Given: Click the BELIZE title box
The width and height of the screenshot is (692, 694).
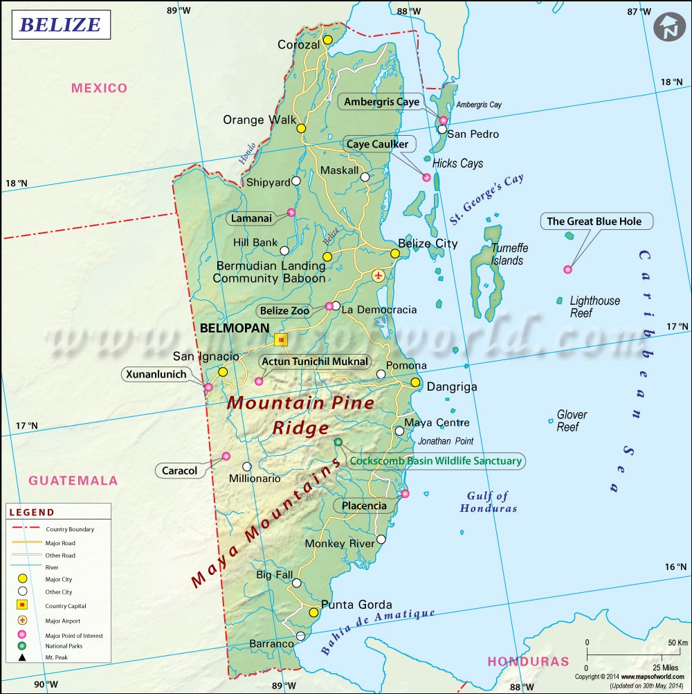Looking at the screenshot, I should (60, 25).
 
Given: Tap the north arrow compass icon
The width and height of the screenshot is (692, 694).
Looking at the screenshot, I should (669, 27).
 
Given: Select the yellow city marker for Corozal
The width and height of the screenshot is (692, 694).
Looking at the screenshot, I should (327, 39).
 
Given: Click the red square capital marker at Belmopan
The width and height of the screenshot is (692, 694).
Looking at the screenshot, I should (280, 339).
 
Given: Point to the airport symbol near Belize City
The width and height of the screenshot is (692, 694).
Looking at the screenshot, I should (378, 276).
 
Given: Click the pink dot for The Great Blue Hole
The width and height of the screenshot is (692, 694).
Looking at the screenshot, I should (567, 269).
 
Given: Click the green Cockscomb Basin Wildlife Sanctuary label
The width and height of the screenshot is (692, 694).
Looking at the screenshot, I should (436, 461).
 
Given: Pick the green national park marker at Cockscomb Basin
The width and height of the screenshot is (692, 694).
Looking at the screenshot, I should (338, 442).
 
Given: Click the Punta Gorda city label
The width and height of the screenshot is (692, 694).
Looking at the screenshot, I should (356, 604).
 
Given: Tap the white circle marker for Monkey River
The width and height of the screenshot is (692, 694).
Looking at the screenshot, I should (381, 539).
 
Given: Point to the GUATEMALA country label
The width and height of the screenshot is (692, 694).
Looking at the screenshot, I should (73, 481).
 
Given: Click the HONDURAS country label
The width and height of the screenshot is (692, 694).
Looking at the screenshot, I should (528, 661).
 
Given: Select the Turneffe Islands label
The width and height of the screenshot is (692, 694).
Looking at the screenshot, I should (507, 254).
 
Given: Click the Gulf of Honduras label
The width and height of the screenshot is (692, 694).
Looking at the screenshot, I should (488, 501).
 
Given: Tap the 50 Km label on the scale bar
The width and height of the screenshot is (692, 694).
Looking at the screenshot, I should (677, 643).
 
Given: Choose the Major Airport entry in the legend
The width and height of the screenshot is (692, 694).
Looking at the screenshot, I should (62, 621).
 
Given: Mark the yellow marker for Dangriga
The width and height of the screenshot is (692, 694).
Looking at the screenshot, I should (415, 382).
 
